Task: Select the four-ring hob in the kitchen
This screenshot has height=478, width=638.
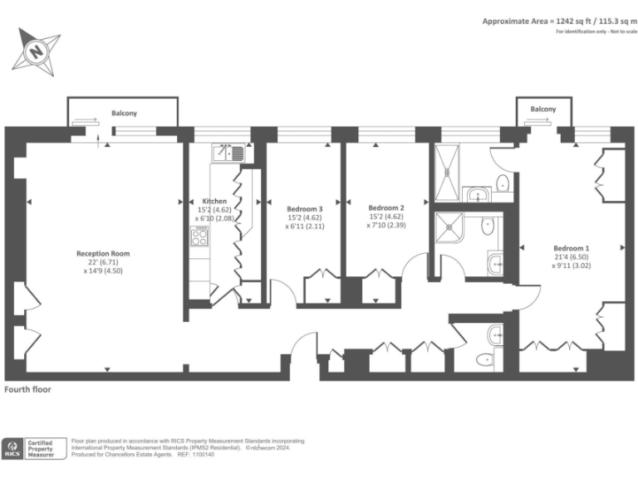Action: pos(200,237)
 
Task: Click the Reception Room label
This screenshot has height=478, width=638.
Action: pos(103,253)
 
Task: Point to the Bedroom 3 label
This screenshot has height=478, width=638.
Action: pos(304,208)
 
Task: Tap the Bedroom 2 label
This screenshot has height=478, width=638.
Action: pos(385,207)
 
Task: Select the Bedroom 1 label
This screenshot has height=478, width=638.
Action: pos(572,248)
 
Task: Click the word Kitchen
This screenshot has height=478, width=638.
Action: pos(214,201)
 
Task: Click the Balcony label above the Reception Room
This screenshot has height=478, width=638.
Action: pos(124,113)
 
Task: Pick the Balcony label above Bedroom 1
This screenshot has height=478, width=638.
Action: pos(542,110)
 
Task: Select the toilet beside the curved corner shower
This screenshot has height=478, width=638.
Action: pos(488,226)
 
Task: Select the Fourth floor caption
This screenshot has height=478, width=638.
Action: pos(28,388)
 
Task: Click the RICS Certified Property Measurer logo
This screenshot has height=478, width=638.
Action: pos(33,448)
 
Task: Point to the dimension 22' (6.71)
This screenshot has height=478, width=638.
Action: pos(103,262)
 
